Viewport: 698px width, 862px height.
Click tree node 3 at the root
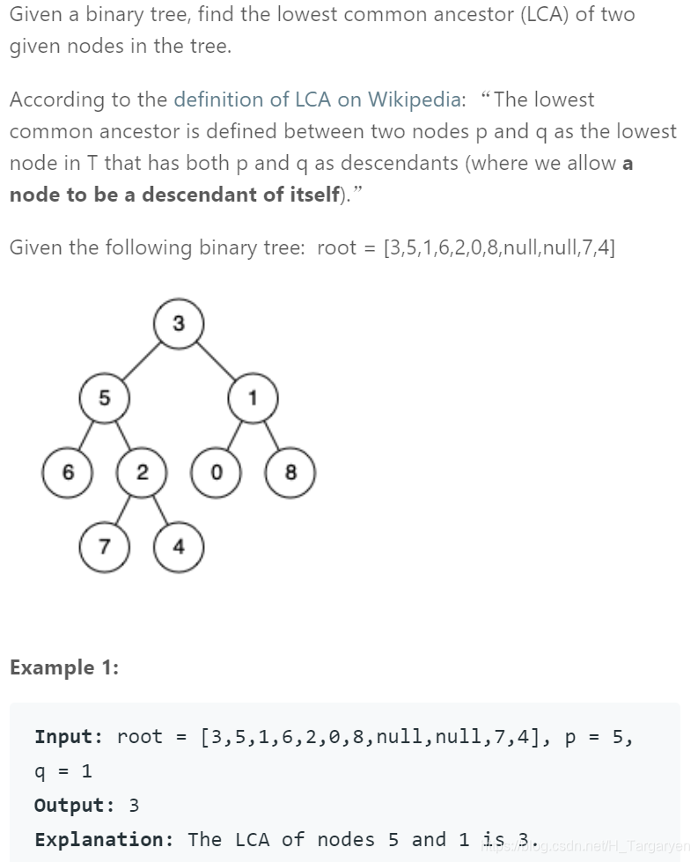point(179,324)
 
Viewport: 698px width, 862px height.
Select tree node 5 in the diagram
point(104,398)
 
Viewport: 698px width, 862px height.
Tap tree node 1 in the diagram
point(253,398)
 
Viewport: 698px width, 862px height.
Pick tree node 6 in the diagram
point(68,472)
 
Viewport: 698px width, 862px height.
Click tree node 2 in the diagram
point(142,472)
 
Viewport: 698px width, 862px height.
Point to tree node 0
point(216,472)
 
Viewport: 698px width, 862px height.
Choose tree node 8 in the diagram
point(290,472)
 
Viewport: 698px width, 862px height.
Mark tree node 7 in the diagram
point(105,546)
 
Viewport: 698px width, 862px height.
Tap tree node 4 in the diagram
point(179,546)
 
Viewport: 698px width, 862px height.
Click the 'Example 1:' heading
point(64,667)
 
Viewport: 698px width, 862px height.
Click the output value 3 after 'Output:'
point(134,805)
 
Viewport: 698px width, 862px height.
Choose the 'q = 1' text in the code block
point(63,771)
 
